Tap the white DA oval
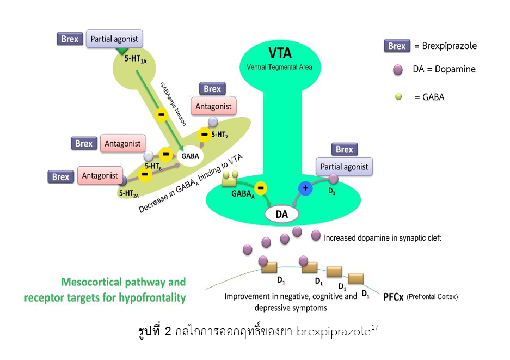coord(281,214)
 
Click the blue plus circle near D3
coord(305,188)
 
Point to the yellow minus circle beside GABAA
coord(260,188)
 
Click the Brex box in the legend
coord(397,46)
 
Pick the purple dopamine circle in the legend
coord(398,69)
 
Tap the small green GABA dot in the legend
coord(398,97)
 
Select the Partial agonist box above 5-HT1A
coord(114,39)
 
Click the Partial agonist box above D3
coord(344,167)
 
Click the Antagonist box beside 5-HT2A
coord(100,176)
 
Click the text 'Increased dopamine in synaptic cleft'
coord(382,238)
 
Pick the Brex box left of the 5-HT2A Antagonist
coord(61,177)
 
